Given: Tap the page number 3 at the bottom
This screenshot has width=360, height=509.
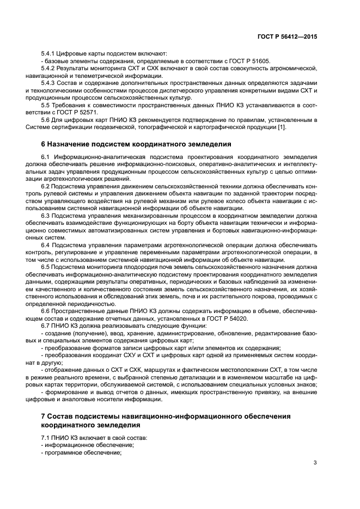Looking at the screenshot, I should (315, 463).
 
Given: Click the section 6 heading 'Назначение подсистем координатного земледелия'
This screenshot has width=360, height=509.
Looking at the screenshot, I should (137, 144).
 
